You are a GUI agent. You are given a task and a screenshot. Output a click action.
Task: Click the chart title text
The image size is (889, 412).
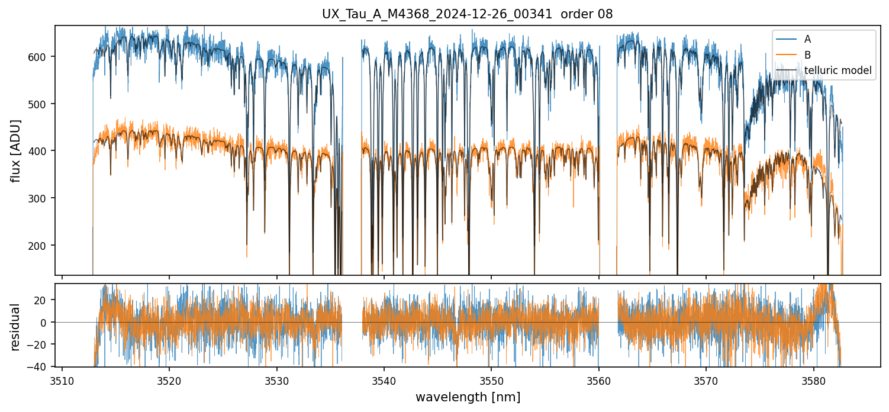tap(468, 14)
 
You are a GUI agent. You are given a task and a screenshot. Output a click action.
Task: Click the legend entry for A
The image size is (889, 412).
tap(807, 40)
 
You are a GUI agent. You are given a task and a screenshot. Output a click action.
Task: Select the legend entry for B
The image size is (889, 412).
tap(807, 55)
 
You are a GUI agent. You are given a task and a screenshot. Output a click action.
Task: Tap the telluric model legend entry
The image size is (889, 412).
tap(838, 70)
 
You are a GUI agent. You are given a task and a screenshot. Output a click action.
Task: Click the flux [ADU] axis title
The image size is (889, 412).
tap(16, 150)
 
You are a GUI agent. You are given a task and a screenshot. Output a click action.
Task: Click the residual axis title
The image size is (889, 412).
tap(16, 327)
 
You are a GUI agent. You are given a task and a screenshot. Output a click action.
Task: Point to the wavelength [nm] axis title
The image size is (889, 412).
tap(468, 397)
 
